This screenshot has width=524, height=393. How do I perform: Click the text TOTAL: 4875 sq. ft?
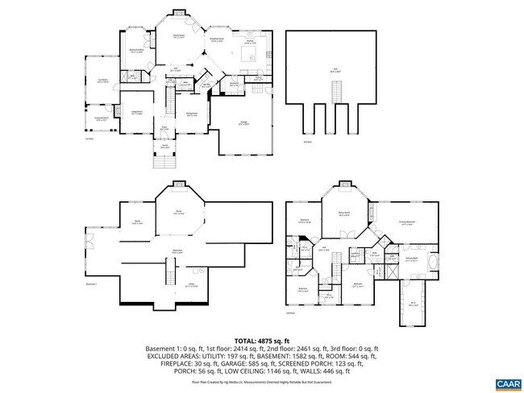pyautogui.click(x=261, y=341)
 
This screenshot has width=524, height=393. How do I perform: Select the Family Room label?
pyautogui.click(x=179, y=36)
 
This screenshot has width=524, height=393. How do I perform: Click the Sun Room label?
pyautogui.click(x=103, y=81)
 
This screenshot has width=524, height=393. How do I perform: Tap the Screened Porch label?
pyautogui.click(x=102, y=119)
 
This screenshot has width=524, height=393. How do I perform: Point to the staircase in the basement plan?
pyautogui.click(x=168, y=277)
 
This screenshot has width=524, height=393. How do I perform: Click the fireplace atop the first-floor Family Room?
pyautogui.click(x=179, y=14)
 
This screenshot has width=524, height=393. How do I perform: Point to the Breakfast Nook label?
pyautogui.click(x=217, y=39)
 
